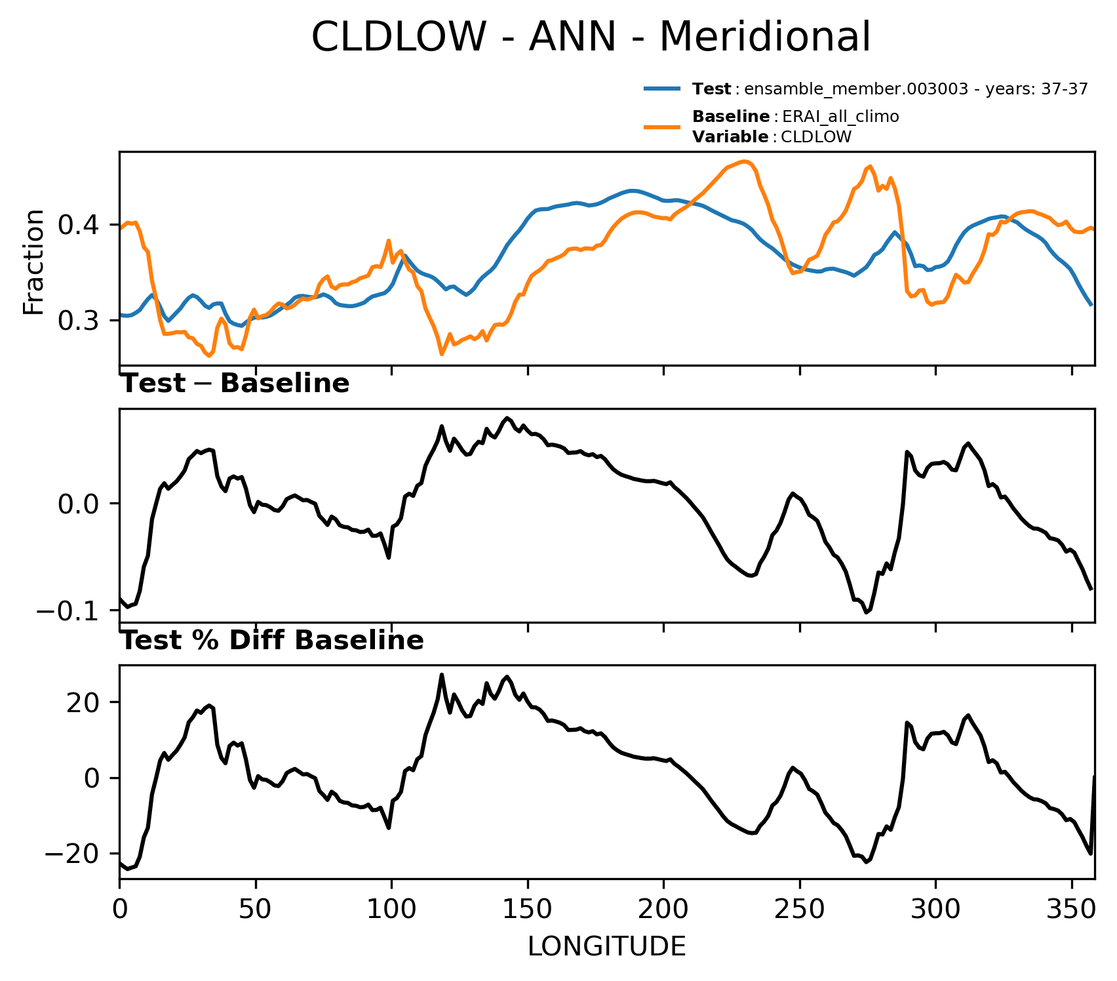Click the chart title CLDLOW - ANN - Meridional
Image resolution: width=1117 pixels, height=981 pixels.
pos(591,37)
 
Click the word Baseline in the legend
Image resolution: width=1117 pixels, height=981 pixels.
pos(731,117)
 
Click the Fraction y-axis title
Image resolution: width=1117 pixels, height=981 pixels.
pos(33,262)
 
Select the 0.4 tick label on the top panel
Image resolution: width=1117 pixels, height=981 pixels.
pos(79,226)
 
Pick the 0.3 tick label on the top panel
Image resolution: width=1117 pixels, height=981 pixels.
pos(79,321)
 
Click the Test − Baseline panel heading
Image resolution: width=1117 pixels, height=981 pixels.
pos(235,384)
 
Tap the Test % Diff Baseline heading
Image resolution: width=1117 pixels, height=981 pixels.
pos(273,641)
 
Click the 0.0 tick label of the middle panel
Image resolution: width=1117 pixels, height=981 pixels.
pos(79,504)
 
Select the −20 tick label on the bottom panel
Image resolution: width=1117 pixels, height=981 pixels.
pos(71,853)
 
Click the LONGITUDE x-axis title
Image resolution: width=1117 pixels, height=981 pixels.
pos(607,947)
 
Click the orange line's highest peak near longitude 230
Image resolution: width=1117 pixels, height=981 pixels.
pos(745,161)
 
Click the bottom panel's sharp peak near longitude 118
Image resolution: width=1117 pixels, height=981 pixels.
pos(442,675)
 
